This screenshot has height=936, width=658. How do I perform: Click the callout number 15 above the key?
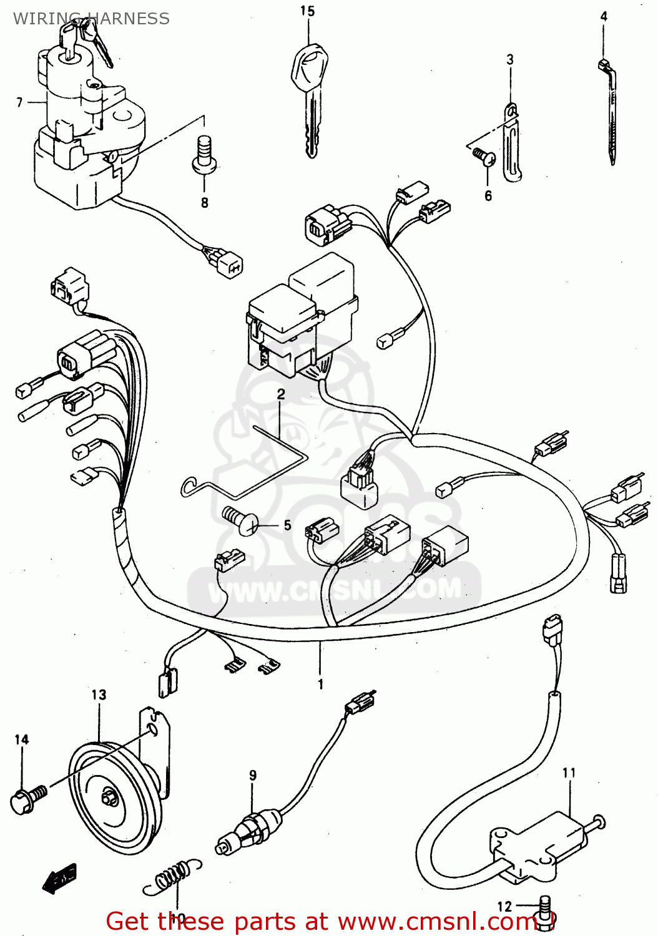point(307,11)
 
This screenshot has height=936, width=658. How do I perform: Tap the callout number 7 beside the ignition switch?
point(19,102)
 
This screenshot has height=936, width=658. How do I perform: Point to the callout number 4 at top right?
point(604,16)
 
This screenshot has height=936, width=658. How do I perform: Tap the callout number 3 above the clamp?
point(510,60)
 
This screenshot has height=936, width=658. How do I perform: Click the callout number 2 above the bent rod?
point(281,394)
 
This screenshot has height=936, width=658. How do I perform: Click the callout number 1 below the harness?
point(320,684)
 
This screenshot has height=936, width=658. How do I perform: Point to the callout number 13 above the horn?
point(99,695)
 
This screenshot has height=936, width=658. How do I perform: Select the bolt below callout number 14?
point(28,799)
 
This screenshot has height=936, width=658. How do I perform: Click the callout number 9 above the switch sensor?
point(253,775)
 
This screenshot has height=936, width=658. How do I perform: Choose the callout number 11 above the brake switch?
point(569,773)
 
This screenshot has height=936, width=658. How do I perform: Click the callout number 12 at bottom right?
point(504,906)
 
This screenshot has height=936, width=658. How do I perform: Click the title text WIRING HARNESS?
point(91,19)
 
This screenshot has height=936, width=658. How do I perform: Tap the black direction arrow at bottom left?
point(60,878)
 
